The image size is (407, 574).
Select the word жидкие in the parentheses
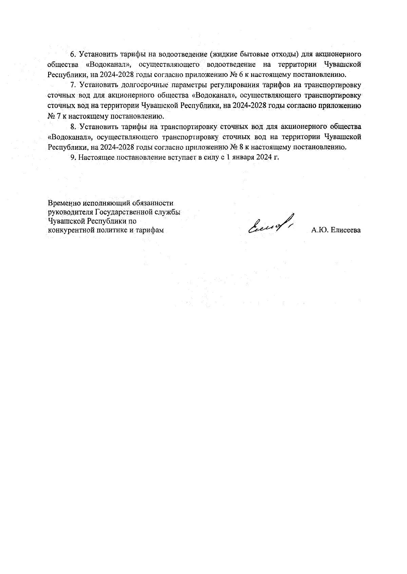coord(223,54)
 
